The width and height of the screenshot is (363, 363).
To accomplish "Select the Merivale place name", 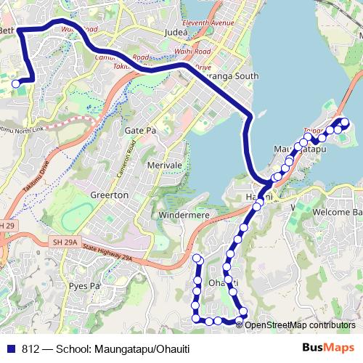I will click(x=163, y=166).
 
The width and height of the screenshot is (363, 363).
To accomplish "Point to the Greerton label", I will click(x=110, y=195).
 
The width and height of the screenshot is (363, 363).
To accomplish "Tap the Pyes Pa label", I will click(x=84, y=286).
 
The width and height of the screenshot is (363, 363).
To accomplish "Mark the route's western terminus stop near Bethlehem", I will click(x=16, y=83).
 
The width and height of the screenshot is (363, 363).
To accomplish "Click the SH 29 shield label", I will click(x=6, y=227).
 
